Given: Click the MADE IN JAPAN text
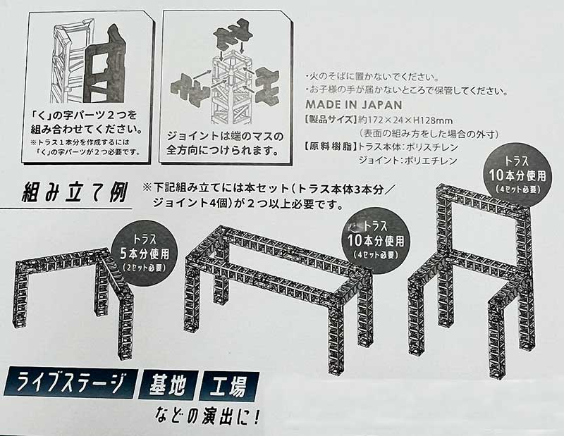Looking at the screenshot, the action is [354, 104].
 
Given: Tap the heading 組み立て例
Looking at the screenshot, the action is [75, 193].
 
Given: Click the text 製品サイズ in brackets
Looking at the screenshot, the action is [331, 120].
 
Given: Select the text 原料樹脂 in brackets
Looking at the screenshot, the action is [331, 147].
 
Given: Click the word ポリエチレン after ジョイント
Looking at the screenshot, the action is [431, 161].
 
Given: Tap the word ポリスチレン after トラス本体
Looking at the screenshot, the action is [431, 147].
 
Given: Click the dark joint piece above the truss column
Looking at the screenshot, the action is [231, 37].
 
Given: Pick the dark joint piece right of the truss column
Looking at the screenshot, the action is [266, 89].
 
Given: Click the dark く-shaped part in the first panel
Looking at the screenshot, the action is [105, 64].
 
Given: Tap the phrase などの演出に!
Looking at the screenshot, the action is [207, 417].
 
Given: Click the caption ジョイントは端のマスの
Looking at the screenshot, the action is [225, 137].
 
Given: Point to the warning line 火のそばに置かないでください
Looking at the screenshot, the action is [372, 77].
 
